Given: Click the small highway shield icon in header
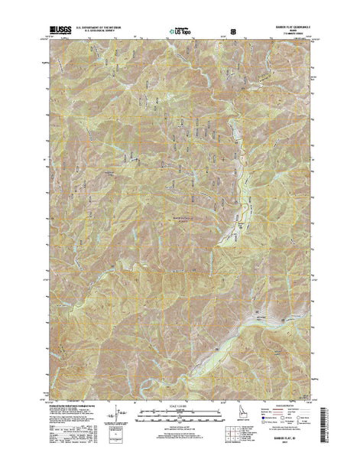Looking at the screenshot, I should point(244,31).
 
